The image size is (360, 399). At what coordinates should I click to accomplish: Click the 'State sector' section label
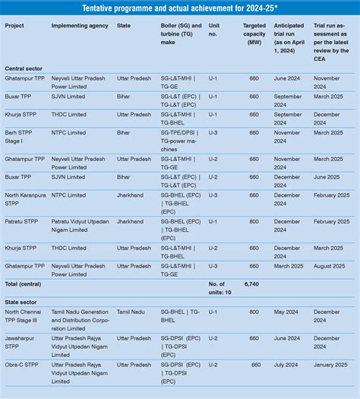coord(21,300)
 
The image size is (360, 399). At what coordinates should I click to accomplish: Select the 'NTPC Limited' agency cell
coord(68,132)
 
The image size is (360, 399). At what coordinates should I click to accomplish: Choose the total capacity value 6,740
coord(252,283)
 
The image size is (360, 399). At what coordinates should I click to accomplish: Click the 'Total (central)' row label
coord(24,283)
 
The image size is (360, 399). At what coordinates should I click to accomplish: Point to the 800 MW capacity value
coord(254,311)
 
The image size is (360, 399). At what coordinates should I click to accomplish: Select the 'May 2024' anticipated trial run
coord(286,311)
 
